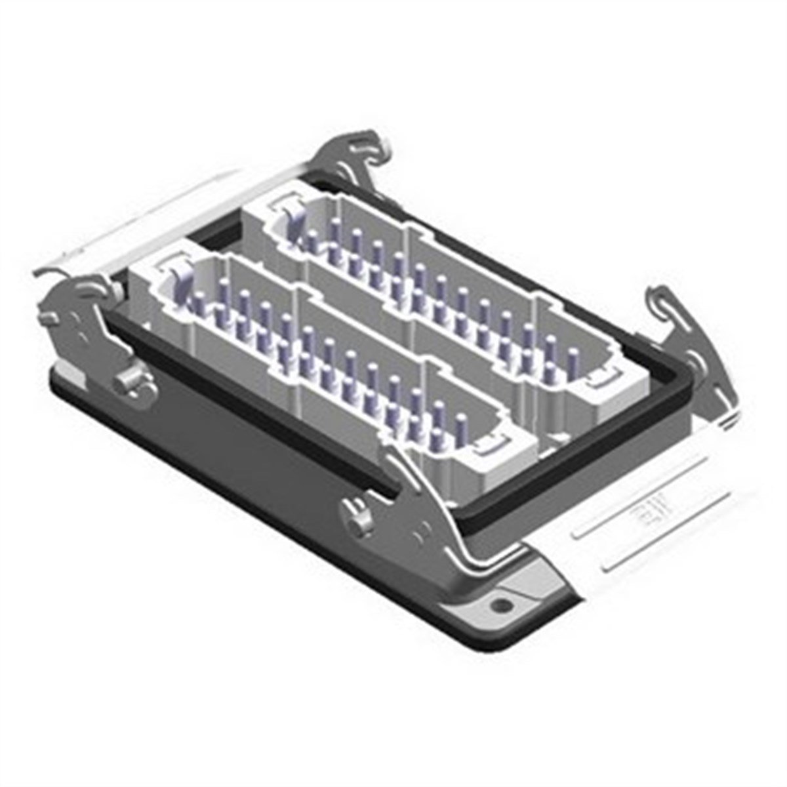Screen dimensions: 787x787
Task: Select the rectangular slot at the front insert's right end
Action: [x=492, y=447]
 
